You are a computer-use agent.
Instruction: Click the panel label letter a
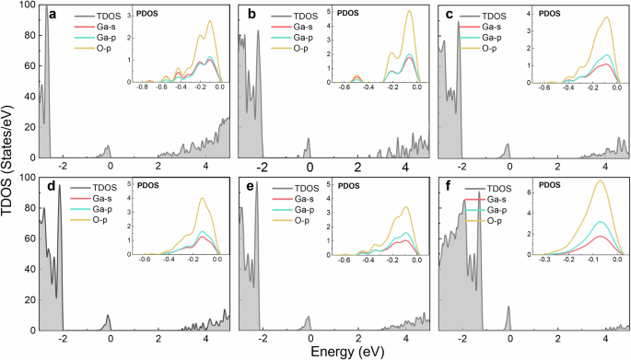coord(53,15)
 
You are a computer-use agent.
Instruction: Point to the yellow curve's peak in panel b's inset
coord(410,11)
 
